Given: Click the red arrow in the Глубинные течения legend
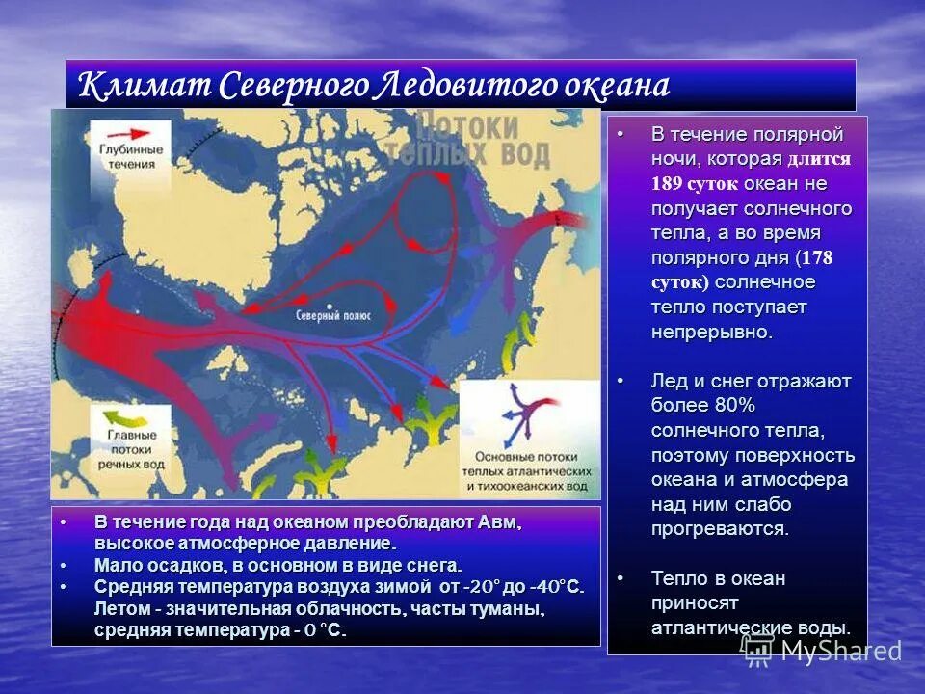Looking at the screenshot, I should point(129,135).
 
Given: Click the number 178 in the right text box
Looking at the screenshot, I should point(817,258).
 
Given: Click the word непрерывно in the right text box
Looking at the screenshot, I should point(711,333).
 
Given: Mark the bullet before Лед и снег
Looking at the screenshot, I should point(622,381).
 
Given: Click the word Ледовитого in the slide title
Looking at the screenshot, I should point(456,86).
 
